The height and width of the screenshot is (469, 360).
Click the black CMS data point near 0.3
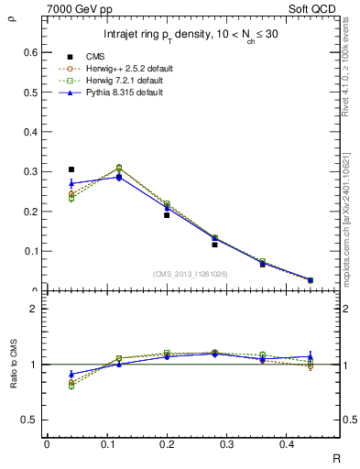tap(71, 169)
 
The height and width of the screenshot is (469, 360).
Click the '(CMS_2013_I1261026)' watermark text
tap(190, 274)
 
